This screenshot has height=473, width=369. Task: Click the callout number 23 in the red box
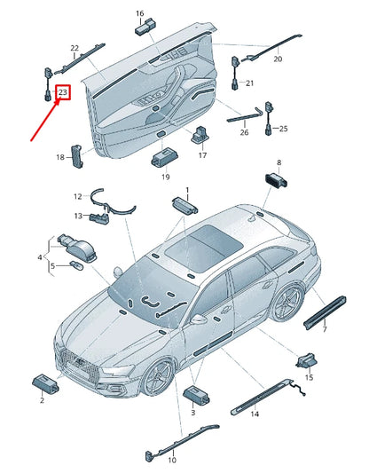[63, 91]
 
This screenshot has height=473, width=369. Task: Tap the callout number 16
[140, 13]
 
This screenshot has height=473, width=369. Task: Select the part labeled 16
[144, 27]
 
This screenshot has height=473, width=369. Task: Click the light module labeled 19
[163, 157]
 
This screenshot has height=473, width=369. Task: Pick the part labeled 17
[200, 135]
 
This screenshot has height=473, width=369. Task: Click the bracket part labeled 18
[77, 156]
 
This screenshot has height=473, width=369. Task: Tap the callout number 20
[278, 59]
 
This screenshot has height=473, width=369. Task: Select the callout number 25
[283, 129]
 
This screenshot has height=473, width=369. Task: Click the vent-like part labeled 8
[276, 180]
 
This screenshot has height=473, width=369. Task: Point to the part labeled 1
[184, 205]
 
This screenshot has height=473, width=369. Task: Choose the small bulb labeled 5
[75, 265]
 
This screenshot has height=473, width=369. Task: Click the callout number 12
[78, 196]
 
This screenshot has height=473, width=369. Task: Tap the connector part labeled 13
[98, 217]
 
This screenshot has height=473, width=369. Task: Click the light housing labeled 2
[45, 384]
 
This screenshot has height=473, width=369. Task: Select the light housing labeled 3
[197, 396]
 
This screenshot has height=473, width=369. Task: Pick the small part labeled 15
[307, 360]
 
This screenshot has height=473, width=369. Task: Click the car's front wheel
[158, 376]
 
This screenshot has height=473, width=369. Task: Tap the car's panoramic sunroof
[204, 246]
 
